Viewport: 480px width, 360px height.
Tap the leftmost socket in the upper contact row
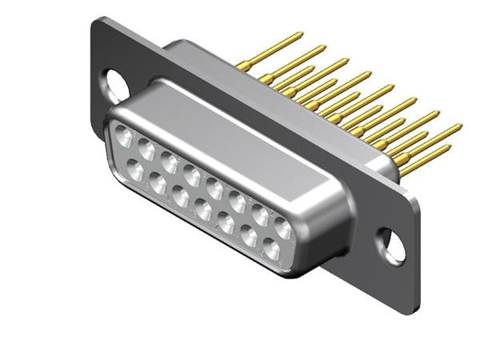point(124,137)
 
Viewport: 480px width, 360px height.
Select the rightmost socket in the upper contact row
point(283,228)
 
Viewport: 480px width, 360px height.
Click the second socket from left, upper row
point(146,149)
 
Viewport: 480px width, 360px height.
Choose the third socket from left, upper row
point(170,162)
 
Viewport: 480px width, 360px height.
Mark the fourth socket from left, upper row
point(192,174)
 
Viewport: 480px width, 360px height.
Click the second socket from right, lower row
point(249,238)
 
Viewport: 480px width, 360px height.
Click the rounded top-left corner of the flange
point(98,24)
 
